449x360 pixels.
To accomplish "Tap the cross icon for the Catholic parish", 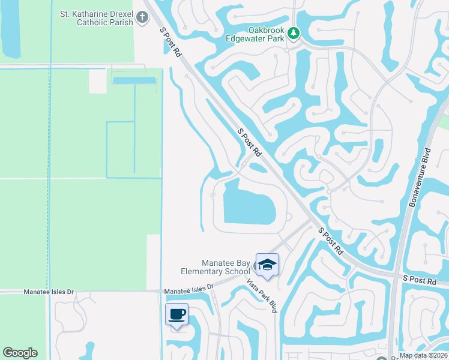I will click(142, 17).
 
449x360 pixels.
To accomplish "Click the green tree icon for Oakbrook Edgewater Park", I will click(293, 32).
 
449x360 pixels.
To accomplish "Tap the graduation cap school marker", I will click(267, 265).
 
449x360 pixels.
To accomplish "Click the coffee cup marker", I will click(177, 314).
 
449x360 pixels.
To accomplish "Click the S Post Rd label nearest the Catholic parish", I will click(170, 42).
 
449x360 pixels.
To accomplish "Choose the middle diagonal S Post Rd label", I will click(250, 143).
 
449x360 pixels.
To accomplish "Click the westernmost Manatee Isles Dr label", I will click(48, 292).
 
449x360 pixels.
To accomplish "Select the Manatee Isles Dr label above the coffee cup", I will click(188, 289).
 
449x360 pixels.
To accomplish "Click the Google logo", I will click(20, 353).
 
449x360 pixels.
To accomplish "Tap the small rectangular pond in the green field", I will click(134, 80).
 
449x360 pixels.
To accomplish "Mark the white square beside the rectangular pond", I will click(98, 82).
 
